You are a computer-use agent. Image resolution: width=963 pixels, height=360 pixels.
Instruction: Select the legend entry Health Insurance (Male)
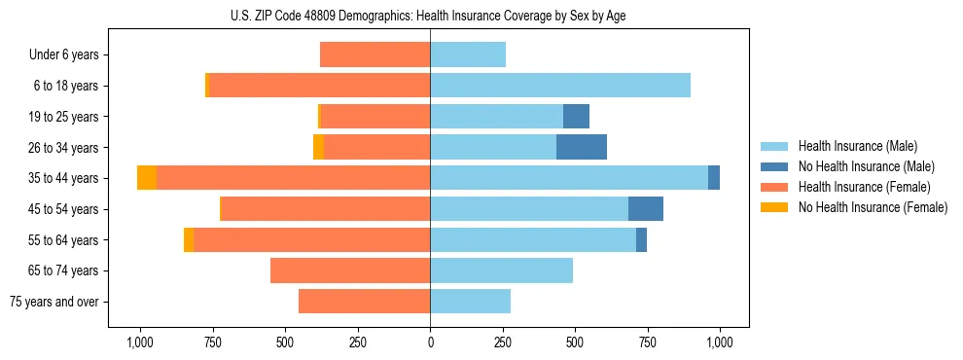coord(857,146)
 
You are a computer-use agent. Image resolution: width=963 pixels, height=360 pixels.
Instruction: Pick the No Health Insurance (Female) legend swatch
coord(775,207)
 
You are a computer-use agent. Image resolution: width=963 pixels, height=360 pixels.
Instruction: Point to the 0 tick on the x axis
coord(430,342)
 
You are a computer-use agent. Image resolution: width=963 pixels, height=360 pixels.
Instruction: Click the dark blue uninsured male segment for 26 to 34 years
coord(582,148)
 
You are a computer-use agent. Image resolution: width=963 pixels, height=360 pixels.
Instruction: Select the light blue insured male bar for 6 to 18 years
coord(560,86)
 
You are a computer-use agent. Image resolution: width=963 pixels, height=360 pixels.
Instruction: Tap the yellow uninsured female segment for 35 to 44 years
coord(147,178)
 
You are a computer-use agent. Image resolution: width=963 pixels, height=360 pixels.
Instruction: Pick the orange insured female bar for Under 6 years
coord(374,55)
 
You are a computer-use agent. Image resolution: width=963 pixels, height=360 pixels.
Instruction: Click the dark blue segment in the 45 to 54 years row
coord(646,209)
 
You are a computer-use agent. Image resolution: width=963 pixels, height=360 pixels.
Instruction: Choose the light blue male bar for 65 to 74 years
coord(501,270)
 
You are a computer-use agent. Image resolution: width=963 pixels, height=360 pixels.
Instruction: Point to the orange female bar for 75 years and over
coord(364,302)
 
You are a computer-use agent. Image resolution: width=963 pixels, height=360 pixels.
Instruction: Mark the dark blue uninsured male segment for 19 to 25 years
coord(576,117)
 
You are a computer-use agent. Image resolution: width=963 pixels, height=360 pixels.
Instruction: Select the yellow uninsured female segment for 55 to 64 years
coord(189,240)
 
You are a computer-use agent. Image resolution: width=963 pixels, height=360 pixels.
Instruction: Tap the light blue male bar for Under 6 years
coord(468,55)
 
